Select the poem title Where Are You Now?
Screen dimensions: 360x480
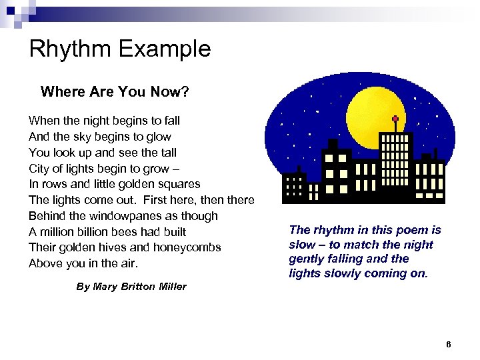(x=115, y=91)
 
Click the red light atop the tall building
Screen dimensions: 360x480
(x=395, y=120)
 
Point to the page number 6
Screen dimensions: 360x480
(x=448, y=345)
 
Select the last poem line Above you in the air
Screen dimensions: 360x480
(x=83, y=263)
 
